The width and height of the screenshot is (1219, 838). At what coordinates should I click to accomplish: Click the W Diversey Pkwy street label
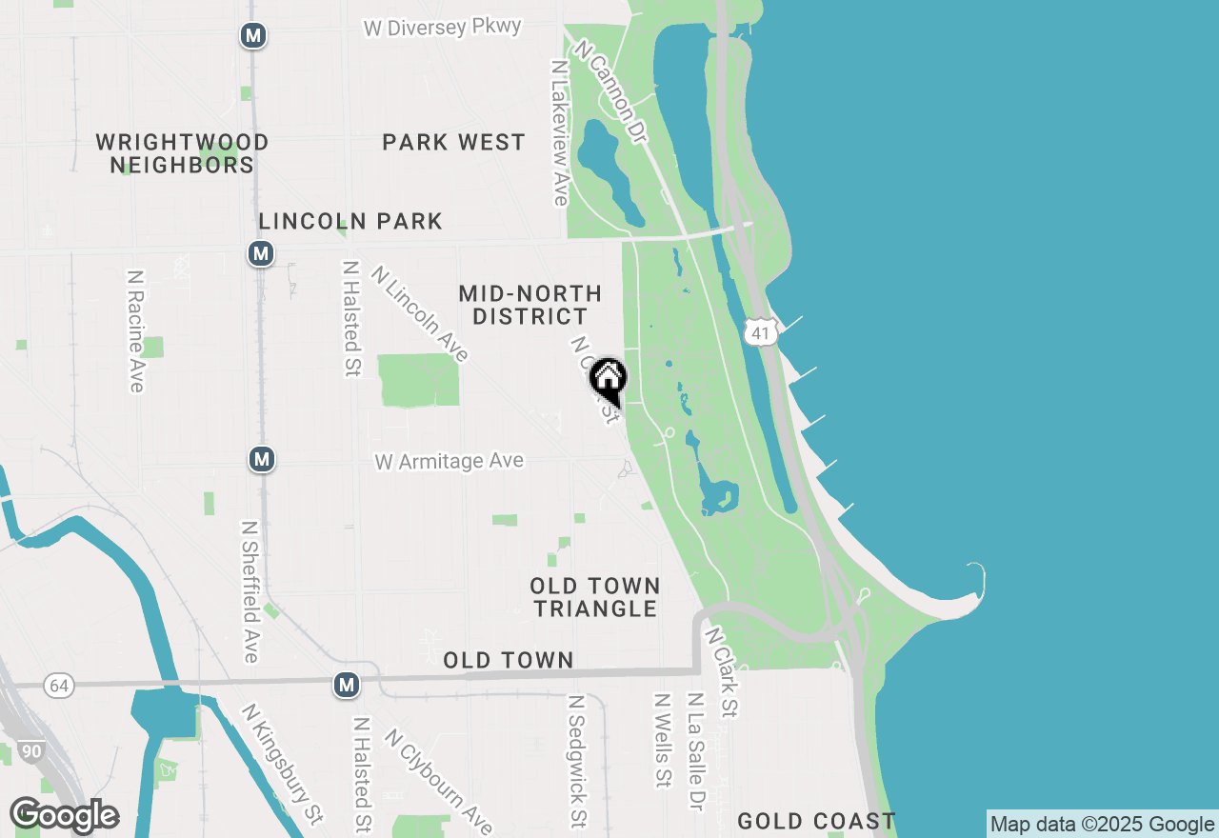click(x=442, y=28)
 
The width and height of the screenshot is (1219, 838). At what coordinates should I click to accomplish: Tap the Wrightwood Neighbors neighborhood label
click(x=182, y=153)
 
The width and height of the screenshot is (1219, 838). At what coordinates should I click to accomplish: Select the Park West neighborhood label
click(x=453, y=143)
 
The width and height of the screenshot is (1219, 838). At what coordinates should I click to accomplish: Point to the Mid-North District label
click(x=530, y=305)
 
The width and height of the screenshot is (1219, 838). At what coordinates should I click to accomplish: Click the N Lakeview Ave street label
click(x=560, y=133)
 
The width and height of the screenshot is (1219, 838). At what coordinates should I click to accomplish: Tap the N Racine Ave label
click(x=135, y=330)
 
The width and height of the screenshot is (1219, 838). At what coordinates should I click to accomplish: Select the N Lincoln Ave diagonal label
click(x=420, y=314)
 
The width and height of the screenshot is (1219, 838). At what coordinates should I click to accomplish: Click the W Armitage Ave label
click(x=449, y=462)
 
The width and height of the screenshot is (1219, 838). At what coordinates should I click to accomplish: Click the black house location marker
click(x=608, y=379)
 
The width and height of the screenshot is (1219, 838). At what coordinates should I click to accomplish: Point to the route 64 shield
click(x=59, y=685)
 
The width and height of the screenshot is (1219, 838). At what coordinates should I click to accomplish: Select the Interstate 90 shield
click(x=31, y=751)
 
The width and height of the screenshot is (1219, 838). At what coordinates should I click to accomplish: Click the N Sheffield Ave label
click(x=250, y=591)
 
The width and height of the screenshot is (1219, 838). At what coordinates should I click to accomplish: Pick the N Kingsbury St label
click(x=283, y=764)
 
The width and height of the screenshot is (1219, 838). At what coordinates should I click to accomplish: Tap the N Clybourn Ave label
click(x=438, y=781)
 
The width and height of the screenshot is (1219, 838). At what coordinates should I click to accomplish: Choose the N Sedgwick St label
click(x=576, y=760)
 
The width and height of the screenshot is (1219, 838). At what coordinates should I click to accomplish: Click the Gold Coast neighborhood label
click(x=816, y=821)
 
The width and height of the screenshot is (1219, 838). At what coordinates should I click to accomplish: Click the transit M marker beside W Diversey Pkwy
click(x=252, y=36)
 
